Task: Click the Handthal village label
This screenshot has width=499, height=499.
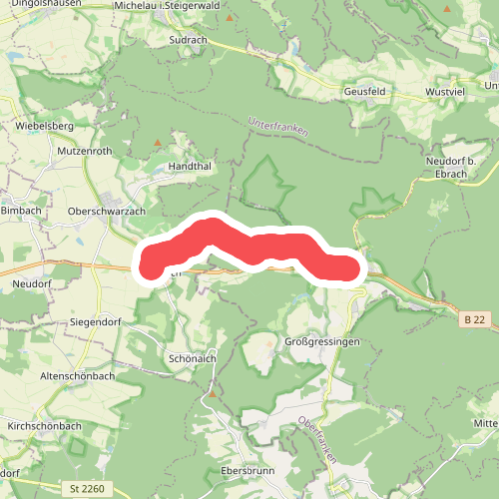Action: coord(192,167)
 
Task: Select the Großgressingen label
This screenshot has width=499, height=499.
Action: coord(322,341)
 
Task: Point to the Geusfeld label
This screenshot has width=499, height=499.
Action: coord(364,91)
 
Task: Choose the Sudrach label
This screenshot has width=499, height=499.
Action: coord(188,41)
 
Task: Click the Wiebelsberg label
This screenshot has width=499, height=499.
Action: coord(45,127)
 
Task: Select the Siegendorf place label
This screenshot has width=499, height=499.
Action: coord(97,322)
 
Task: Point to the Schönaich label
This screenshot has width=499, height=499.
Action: coord(193,359)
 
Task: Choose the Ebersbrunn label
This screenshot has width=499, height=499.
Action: coord(246,470)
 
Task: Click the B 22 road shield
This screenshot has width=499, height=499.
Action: coord(475,319)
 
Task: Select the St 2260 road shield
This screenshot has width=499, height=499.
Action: coord(87,489)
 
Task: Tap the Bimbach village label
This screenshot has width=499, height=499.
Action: coord(22,212)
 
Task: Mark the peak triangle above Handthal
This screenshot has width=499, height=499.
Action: coord(157,143)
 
